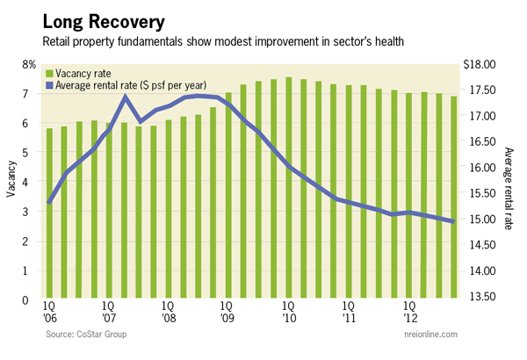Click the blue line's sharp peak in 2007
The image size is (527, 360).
[x=125, y=97]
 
